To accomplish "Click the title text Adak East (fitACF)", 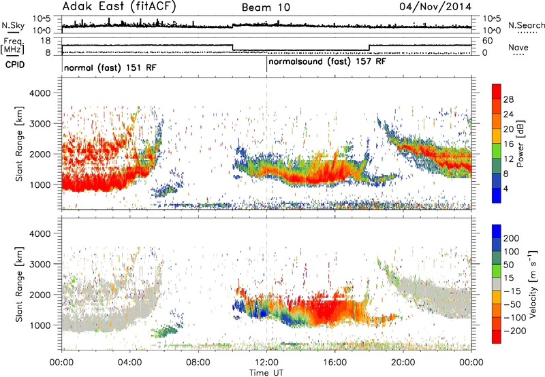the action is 119,7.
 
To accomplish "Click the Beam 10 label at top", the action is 266,7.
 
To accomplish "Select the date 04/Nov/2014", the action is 435,7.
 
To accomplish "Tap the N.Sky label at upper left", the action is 13,25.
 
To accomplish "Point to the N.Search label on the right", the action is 526,25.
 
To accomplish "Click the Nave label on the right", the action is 518,47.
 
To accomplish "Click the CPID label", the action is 15,65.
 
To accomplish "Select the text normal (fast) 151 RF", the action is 110,67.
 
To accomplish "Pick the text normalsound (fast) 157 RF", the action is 327,62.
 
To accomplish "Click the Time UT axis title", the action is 266,373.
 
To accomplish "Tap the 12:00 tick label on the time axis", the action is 266,363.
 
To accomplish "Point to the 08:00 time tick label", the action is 198,363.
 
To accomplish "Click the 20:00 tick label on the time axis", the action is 403,363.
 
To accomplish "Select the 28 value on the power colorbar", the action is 508,99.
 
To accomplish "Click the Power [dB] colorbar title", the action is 520,144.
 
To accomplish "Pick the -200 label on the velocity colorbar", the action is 512,331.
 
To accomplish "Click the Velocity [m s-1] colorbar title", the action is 533,284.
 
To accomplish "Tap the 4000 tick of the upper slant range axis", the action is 40,93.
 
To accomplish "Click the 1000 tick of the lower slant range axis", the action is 40,325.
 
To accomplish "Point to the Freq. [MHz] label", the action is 12,46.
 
